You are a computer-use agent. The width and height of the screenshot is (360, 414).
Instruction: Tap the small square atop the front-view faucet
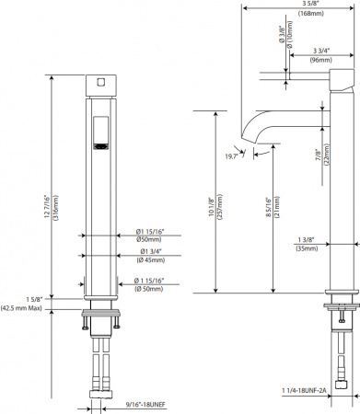[x=99, y=82]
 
